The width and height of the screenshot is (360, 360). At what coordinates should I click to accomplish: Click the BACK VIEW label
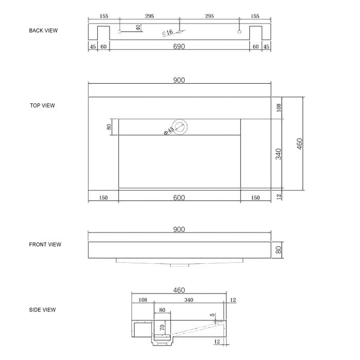point(43,30)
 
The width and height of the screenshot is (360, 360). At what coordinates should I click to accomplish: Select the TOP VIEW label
point(42,105)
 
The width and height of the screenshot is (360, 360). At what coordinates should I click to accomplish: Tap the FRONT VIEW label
point(45,244)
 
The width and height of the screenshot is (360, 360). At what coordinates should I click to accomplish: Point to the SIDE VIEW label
point(42,310)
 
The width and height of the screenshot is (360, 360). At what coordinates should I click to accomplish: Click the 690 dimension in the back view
point(179,47)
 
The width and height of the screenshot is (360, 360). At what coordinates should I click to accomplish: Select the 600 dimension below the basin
point(179,197)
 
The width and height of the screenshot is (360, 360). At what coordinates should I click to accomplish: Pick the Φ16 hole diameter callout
point(167,32)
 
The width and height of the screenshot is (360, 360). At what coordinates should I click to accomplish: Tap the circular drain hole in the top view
point(181,126)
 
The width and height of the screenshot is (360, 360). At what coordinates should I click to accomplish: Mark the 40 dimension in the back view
point(138,27)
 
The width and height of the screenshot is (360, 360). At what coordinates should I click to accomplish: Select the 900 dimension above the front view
point(179,229)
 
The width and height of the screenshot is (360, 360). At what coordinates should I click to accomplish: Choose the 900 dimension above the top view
point(179,80)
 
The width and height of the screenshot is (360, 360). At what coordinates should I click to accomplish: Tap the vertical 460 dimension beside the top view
point(300,143)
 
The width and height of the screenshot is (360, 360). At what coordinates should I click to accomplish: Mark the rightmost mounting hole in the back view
point(239,32)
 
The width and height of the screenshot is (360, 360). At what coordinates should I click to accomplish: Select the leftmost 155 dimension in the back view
point(104,16)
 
